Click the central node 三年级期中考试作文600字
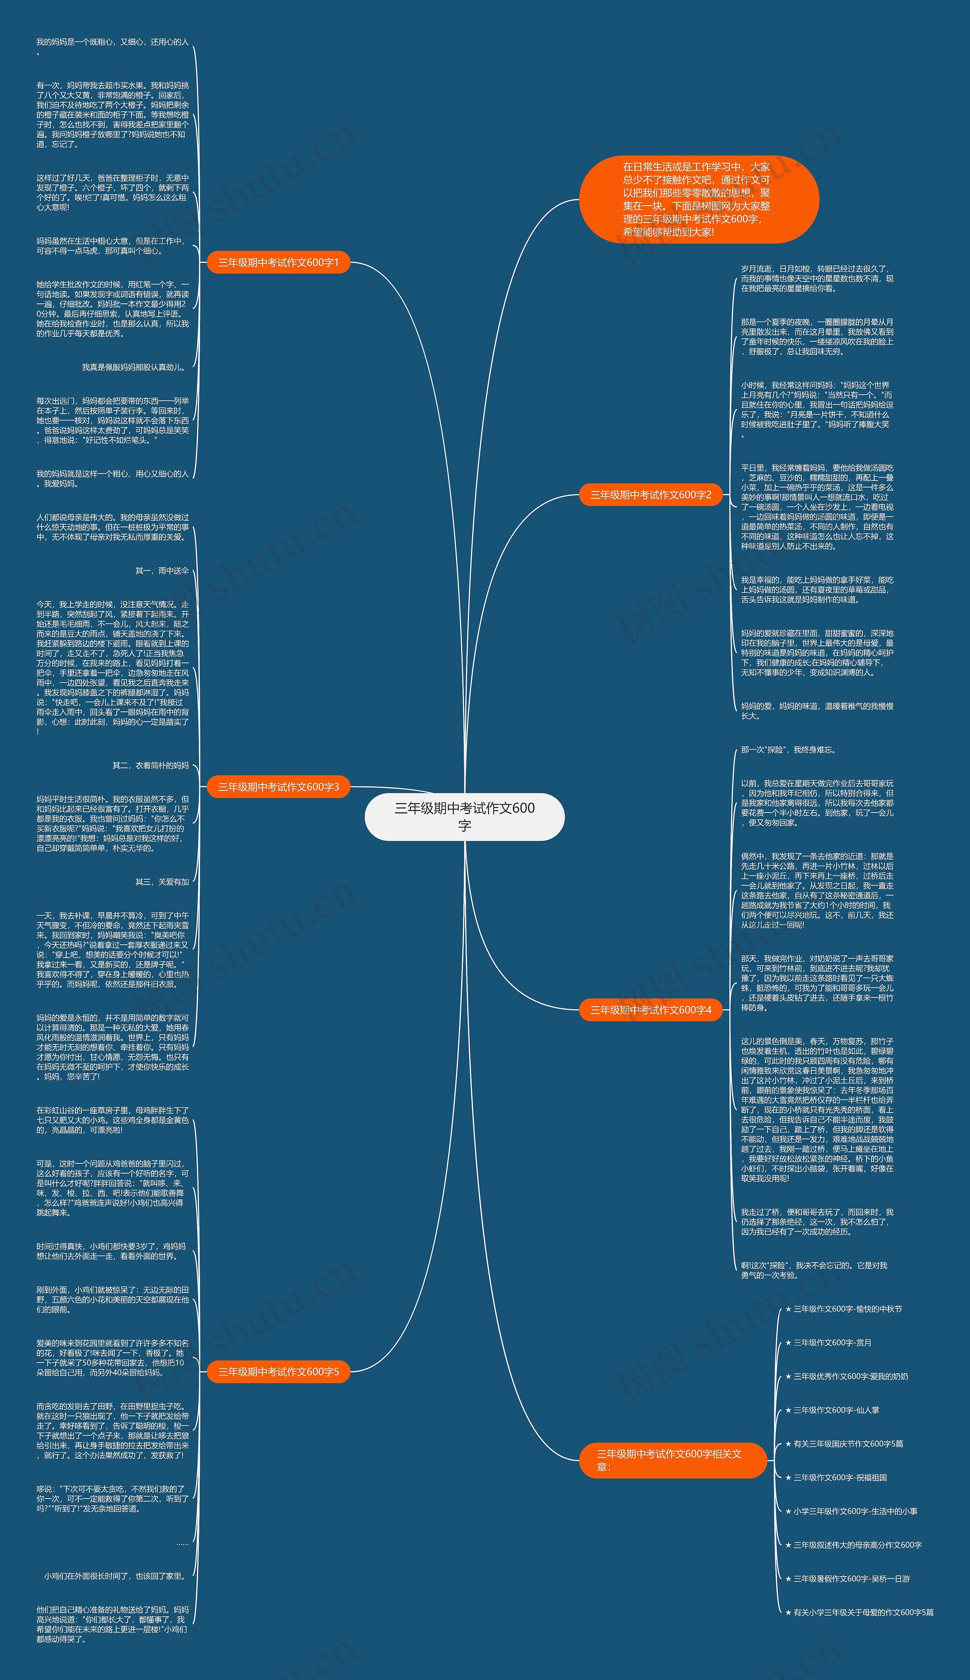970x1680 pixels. pos(464,816)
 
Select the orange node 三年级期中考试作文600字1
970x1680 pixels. pos(278,263)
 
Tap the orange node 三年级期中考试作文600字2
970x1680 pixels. pos(651,495)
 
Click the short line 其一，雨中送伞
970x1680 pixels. pos(162,570)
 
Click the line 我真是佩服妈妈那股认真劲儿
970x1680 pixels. pos(133,367)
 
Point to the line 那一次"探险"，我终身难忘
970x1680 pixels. pos(788,750)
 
